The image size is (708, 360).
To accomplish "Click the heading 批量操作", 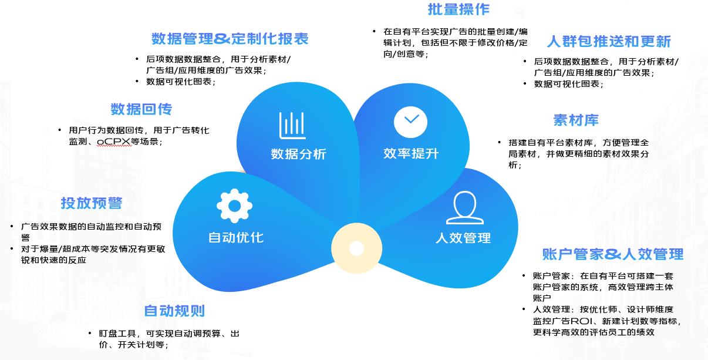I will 458,9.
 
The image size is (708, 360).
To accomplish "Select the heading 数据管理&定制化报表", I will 230,39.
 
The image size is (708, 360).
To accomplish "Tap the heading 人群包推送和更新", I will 608,42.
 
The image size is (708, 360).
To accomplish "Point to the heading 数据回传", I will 141,109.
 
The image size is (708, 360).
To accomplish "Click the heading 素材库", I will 576,120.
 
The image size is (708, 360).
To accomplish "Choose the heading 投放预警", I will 92,203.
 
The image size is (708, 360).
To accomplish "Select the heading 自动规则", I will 174,311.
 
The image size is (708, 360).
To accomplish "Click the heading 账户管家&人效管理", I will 613,254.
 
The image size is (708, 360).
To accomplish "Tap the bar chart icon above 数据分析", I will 292,125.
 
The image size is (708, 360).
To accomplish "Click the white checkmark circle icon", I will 411,120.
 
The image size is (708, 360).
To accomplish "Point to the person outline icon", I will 465,207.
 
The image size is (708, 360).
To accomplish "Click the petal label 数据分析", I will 298,154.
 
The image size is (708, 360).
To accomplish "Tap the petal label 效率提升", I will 411,154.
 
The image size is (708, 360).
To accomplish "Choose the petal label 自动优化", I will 236,238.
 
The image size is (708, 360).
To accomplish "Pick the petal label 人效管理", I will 463,238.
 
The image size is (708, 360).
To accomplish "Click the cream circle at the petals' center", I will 356,248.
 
